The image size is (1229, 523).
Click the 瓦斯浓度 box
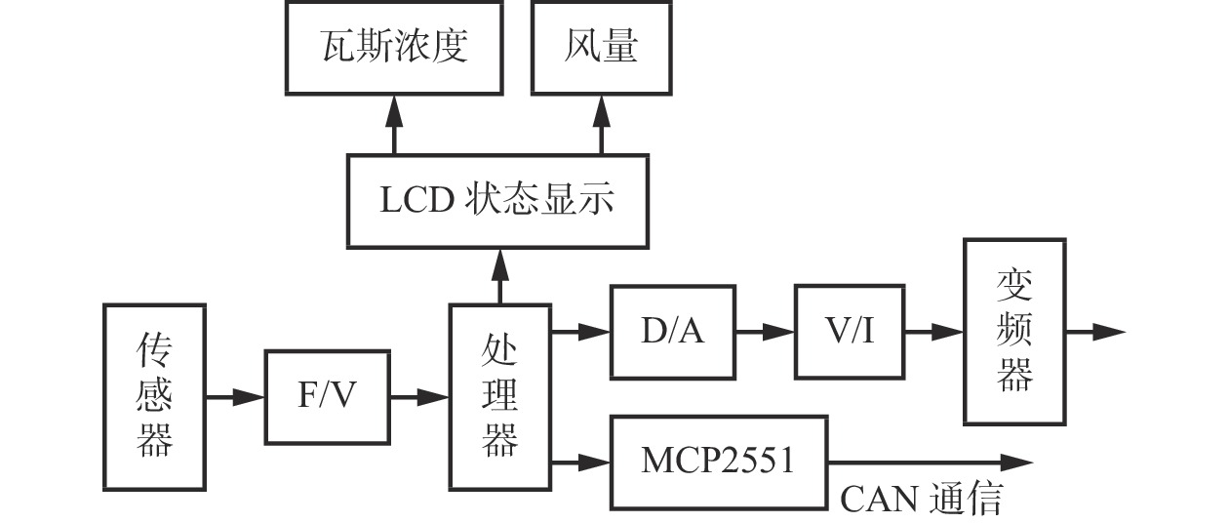(394, 47)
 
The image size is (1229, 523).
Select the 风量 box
(601, 47)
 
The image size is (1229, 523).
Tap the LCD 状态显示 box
(497, 200)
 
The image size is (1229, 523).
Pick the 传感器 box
(154, 397)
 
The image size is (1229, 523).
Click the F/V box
(327, 397)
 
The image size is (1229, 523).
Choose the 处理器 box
(499, 397)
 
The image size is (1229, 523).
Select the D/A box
(673, 332)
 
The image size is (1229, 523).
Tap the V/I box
(849, 332)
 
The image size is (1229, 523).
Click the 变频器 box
(1014, 332)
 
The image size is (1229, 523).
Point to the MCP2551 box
(718, 462)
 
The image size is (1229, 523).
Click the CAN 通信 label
(921, 500)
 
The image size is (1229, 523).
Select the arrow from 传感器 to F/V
(235, 397)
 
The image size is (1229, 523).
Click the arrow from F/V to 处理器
(419, 397)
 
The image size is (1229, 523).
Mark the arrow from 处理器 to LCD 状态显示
(500, 276)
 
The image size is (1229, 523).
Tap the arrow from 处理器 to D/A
(581, 332)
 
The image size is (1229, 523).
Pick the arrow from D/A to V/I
(766, 332)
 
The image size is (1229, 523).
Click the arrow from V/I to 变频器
(934, 332)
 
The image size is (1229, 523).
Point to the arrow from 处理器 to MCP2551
(581, 462)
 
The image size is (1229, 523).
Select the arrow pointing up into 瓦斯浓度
(394, 124)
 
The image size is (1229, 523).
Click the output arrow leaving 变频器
(1094, 332)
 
